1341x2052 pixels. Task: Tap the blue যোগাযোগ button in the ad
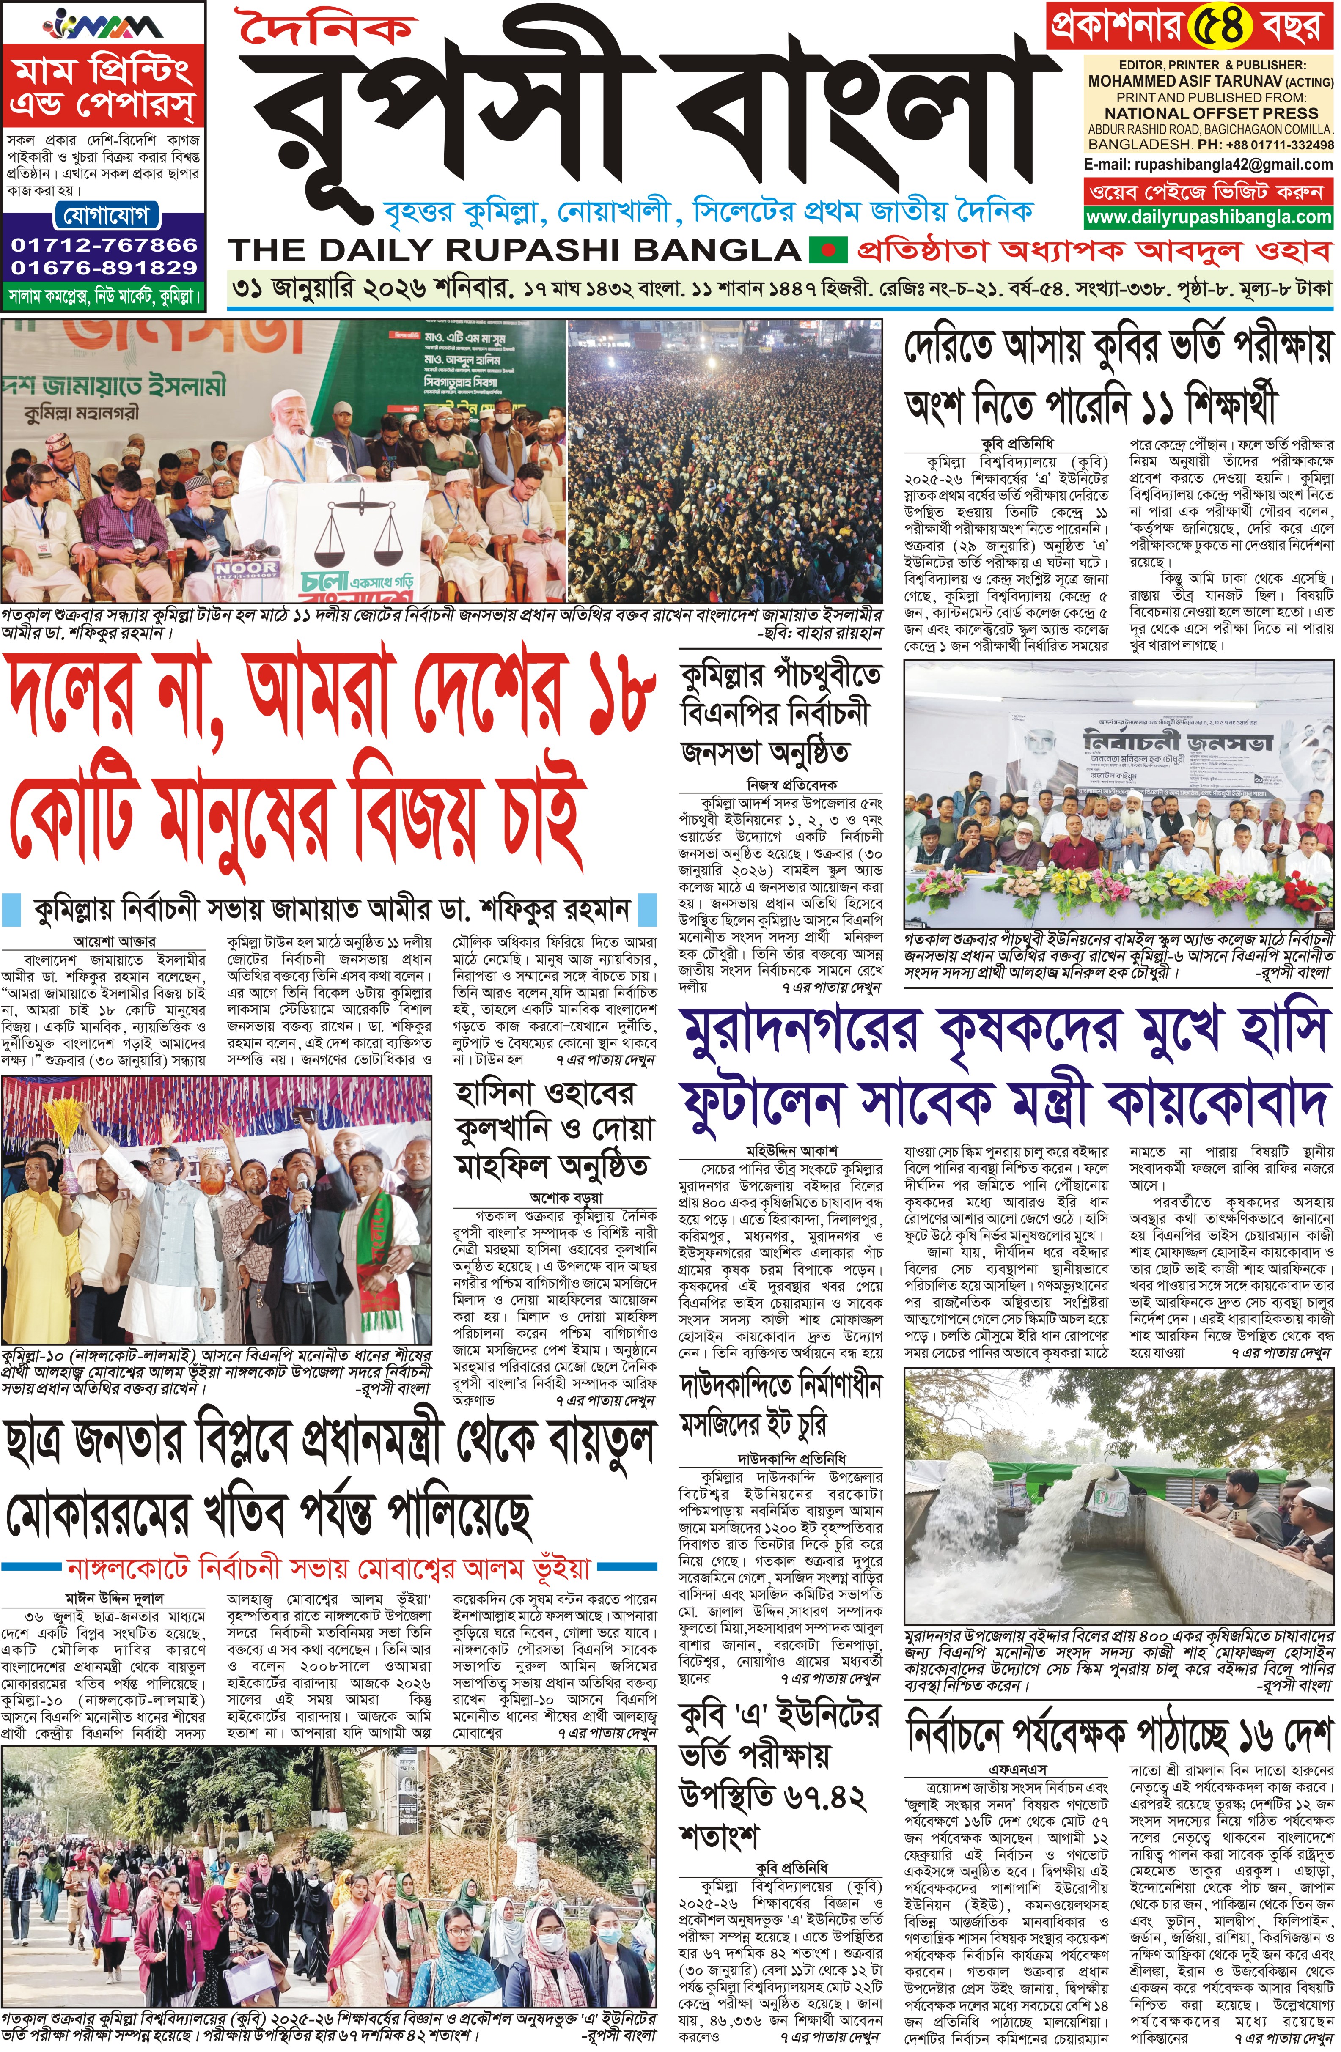click(104, 214)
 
